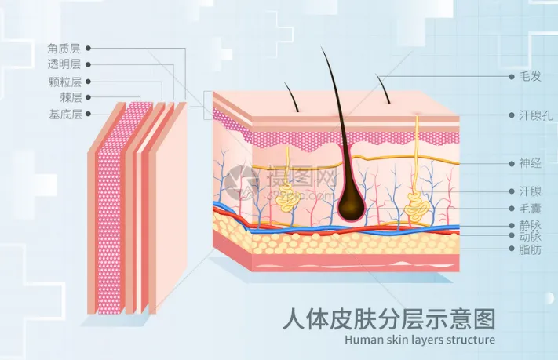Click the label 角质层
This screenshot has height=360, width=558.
click(64, 48)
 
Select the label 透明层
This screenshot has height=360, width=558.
click(64, 64)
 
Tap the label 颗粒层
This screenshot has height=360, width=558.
click(64, 81)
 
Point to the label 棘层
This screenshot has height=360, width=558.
click(70, 97)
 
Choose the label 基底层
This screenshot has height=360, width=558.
click(64, 114)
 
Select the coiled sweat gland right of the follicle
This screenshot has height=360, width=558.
click(416, 207)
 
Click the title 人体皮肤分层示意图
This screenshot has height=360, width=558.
click(388, 319)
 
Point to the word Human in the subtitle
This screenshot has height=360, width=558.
click(362, 340)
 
